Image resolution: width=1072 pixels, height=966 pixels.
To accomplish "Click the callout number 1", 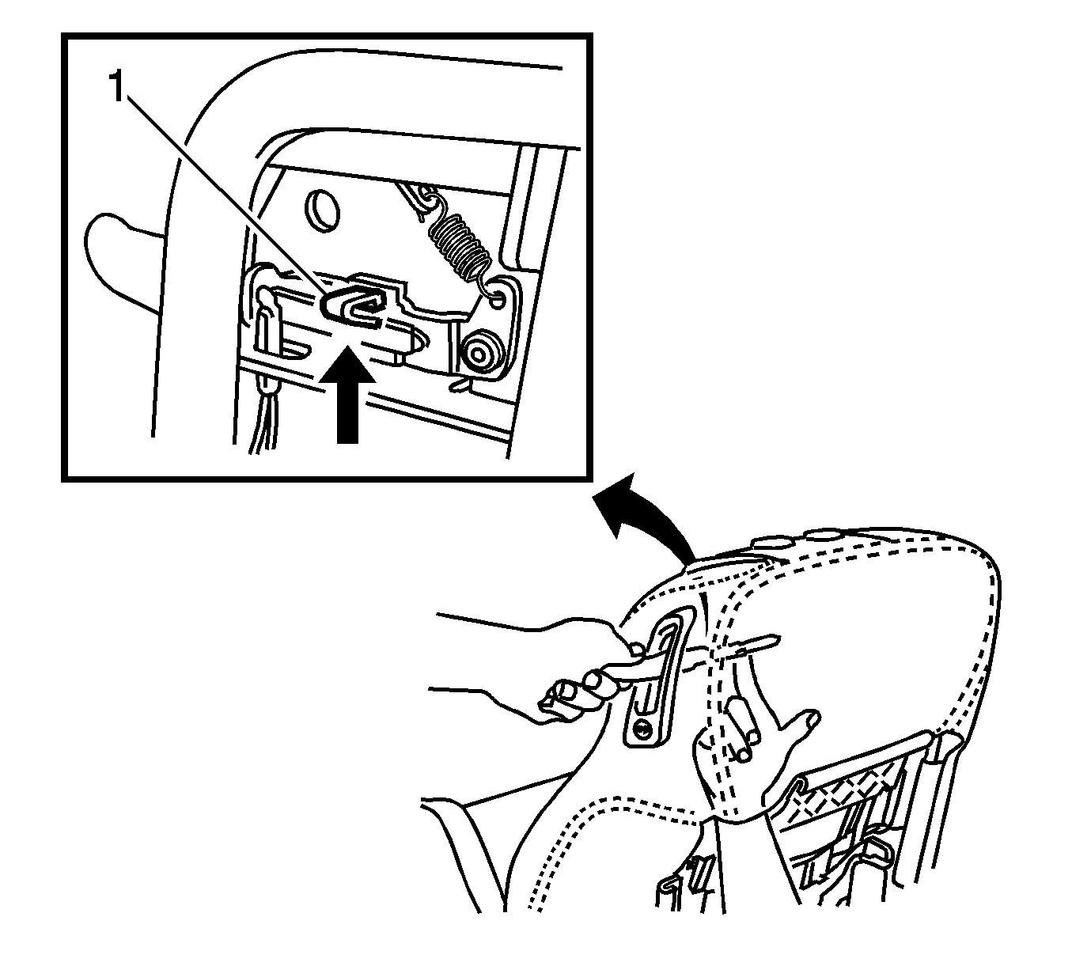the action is click(x=117, y=88).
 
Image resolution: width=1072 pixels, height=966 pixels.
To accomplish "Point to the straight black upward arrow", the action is click(x=347, y=394).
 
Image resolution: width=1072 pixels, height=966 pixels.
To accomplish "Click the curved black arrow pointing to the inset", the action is click(x=645, y=519).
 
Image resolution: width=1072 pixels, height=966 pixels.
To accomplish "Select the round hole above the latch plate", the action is click(x=322, y=210).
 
